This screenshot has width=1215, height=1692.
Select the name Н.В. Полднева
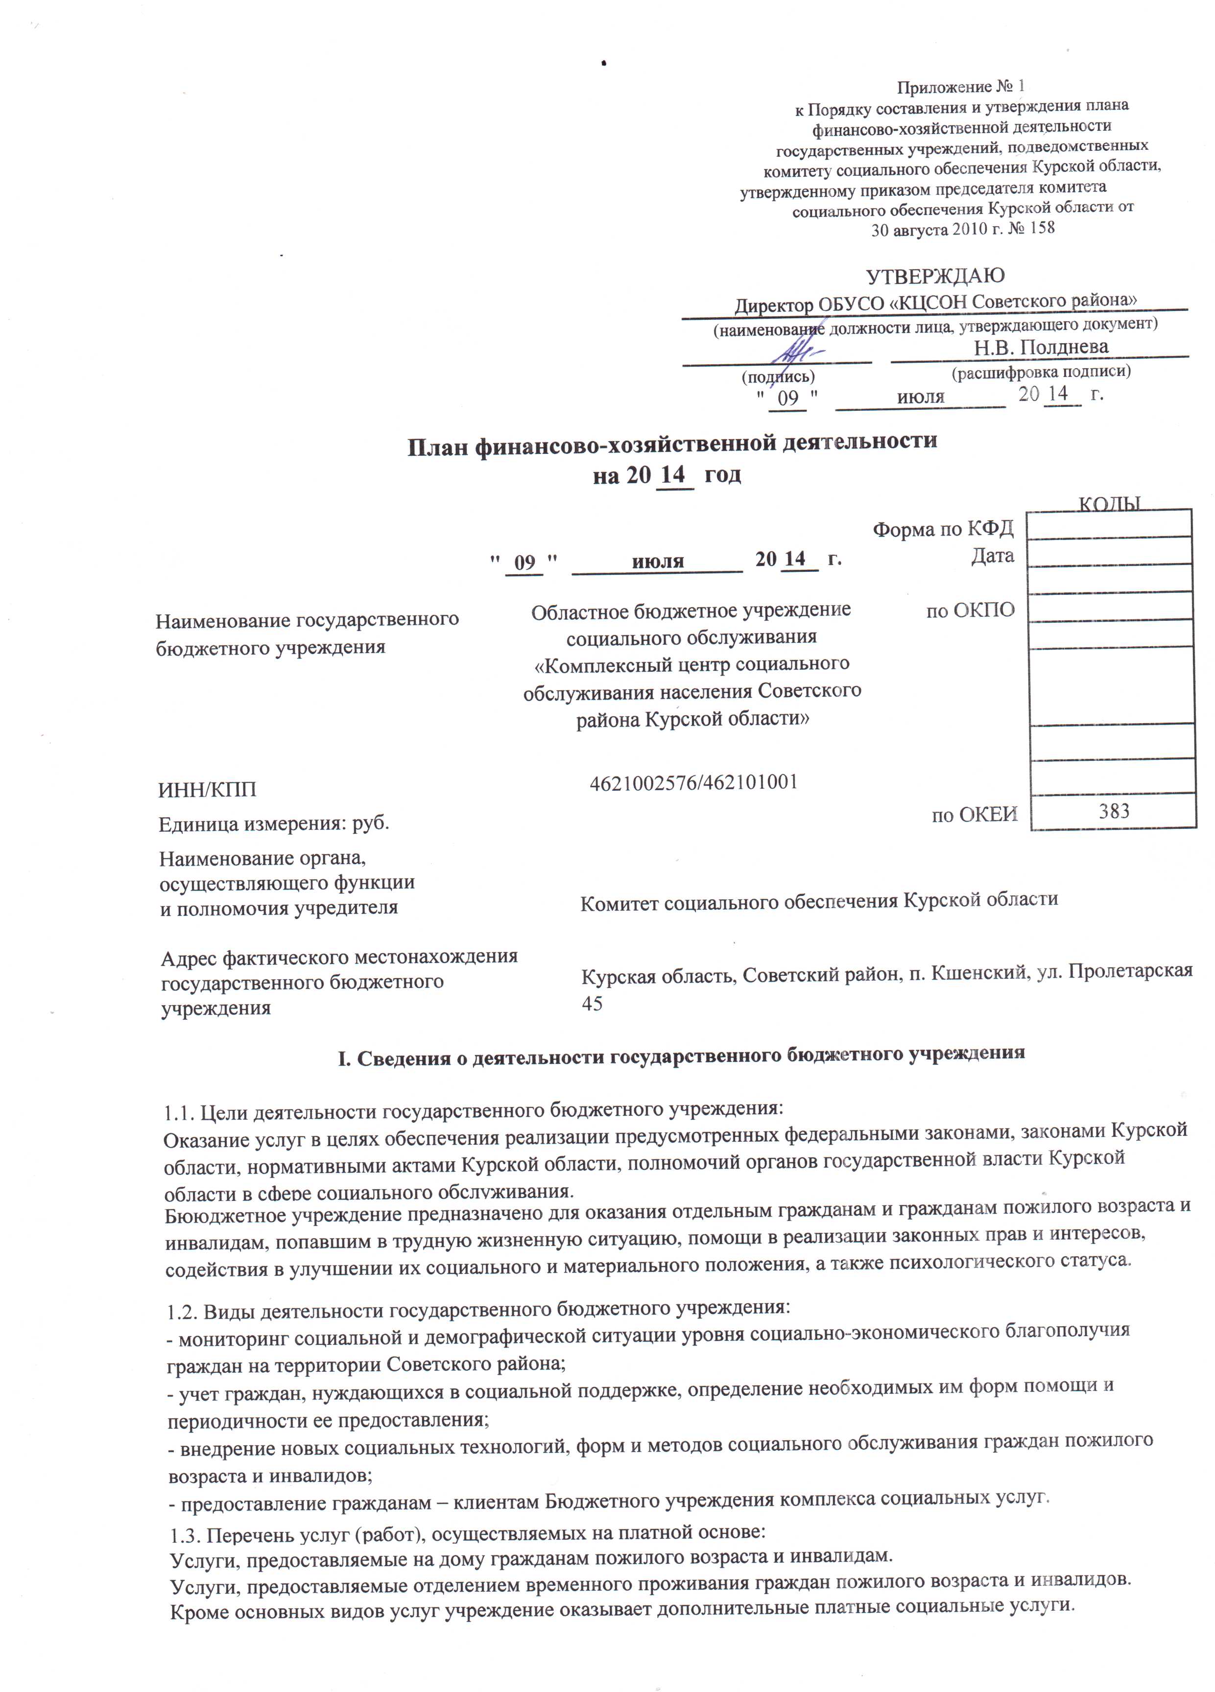[1040, 347]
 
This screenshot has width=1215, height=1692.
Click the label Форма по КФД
[943, 529]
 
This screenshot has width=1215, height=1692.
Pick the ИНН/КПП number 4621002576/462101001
[693, 782]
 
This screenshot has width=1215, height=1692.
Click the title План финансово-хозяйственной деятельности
[672, 442]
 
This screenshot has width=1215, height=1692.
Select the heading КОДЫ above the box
[1110, 504]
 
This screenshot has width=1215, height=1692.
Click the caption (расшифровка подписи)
[1040, 371]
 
